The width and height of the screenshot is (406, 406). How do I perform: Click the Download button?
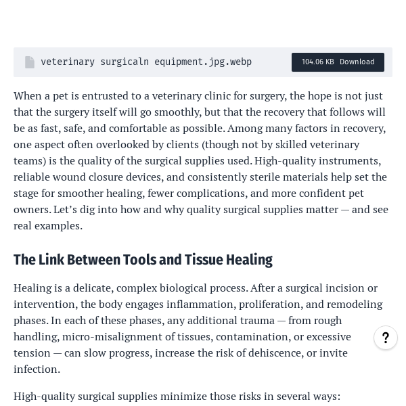pyautogui.click(x=357, y=62)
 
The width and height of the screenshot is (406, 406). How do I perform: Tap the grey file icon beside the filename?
pyautogui.click(x=30, y=62)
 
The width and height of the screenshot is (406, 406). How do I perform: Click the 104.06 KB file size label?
pyautogui.click(x=317, y=62)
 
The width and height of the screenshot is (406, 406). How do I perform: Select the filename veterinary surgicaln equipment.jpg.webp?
pyautogui.click(x=146, y=62)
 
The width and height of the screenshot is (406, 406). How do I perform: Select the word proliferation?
pyautogui.click(x=233, y=304)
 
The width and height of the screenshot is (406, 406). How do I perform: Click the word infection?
pyautogui.click(x=36, y=369)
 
